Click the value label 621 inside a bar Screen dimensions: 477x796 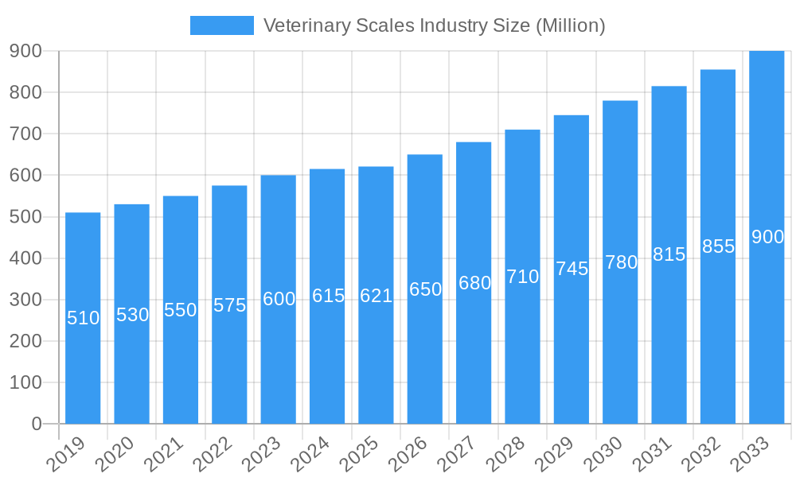[376, 297]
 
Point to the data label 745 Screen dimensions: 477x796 [572, 269]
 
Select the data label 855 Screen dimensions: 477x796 [718, 246]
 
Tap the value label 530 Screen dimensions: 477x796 [132, 315]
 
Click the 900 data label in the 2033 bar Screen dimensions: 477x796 [767, 237]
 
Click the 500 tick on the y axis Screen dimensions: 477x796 [25, 217]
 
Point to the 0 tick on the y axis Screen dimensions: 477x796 [37, 424]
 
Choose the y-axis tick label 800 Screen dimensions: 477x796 [25, 92]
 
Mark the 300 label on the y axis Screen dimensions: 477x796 [25, 300]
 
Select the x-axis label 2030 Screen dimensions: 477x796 [602, 454]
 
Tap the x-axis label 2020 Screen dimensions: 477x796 [113, 454]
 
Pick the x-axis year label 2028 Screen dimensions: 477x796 [504, 454]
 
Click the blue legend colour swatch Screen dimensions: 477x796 [221, 25]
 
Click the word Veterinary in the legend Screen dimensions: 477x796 [305, 25]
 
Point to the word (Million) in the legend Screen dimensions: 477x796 [570, 25]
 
